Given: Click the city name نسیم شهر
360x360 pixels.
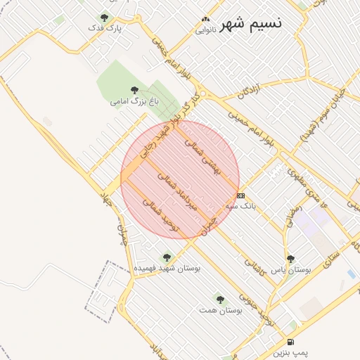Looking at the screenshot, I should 251,23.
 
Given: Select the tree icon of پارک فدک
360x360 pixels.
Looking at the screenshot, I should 104,18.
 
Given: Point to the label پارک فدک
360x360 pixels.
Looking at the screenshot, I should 105,29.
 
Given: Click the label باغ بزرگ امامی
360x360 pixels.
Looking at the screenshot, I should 135,101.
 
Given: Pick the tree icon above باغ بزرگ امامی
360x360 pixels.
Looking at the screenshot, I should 134,89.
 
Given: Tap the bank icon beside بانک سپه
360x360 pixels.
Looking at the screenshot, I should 241,195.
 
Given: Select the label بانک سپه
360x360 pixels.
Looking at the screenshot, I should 240,207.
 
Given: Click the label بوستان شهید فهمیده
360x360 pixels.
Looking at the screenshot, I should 167,269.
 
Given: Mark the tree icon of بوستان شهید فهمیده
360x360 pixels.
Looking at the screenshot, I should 167,257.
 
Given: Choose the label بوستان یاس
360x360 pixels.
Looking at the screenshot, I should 292,270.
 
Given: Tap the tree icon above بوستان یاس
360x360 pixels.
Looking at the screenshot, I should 290,259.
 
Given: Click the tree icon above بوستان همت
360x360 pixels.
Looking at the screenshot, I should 220,300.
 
